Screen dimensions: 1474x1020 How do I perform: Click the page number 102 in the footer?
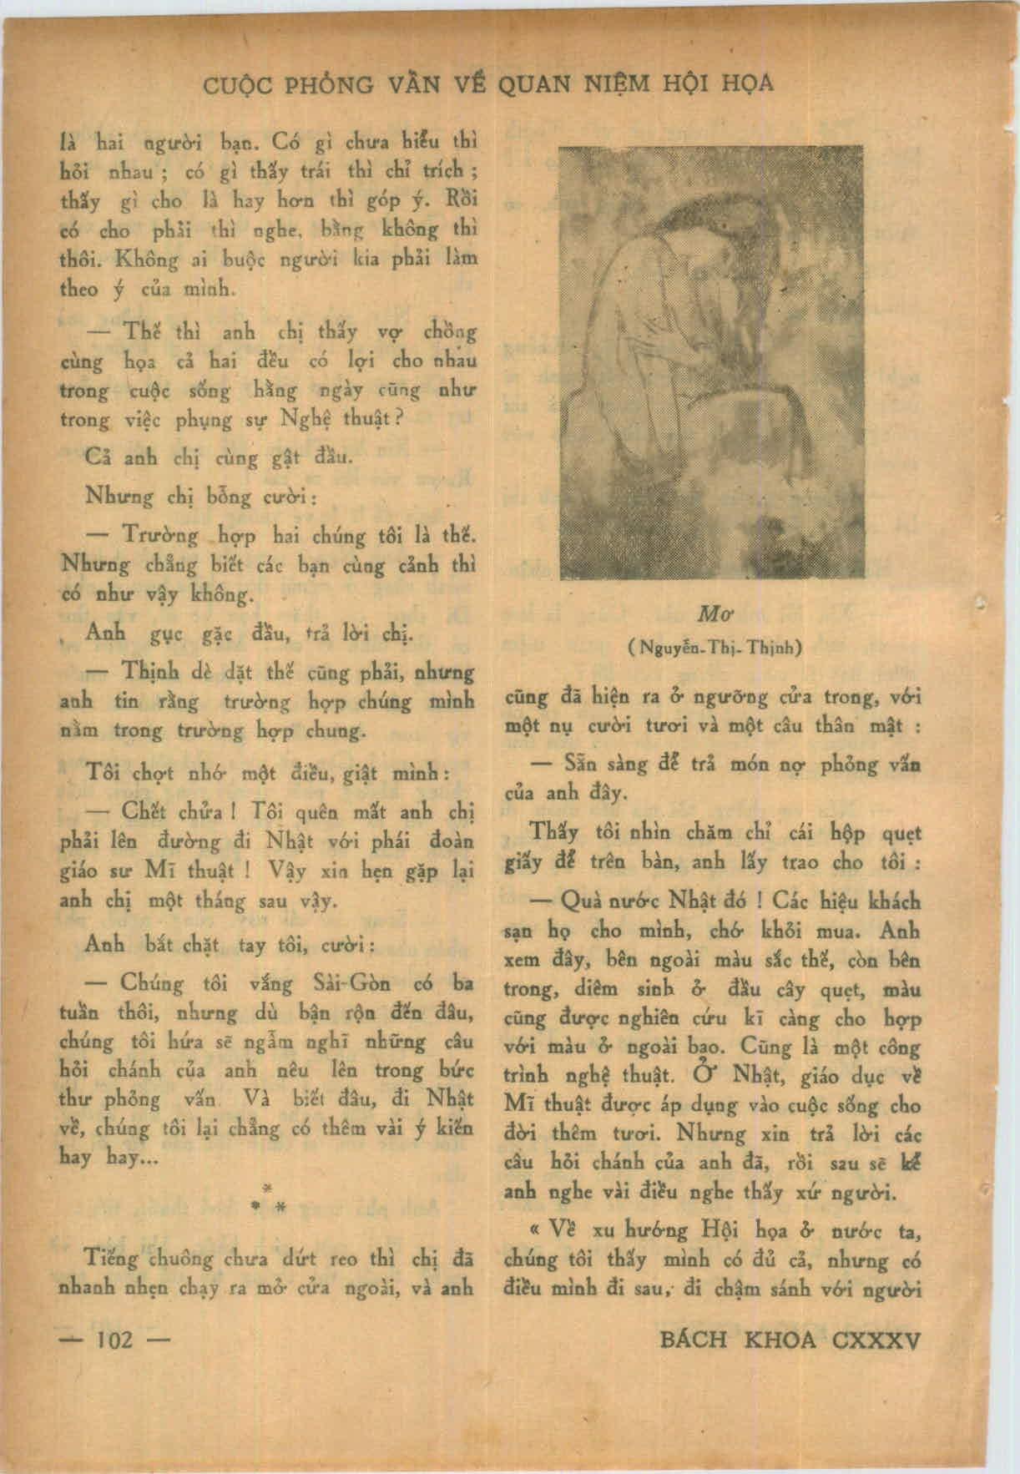[x=115, y=1340]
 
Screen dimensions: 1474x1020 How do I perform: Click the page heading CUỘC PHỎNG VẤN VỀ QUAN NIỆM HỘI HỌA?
[x=488, y=83]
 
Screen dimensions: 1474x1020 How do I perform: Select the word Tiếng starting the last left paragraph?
[x=114, y=1258]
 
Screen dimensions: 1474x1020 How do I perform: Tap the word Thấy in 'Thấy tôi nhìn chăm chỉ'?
[x=554, y=833]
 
